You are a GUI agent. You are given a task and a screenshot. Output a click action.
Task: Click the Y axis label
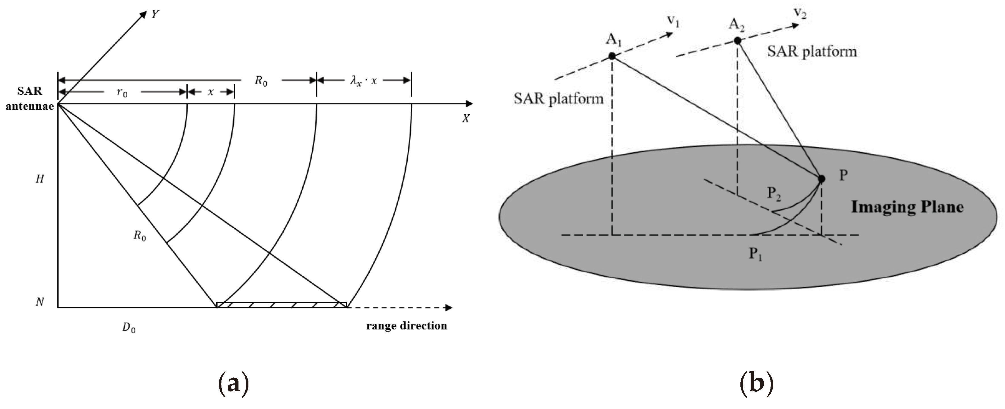(x=155, y=15)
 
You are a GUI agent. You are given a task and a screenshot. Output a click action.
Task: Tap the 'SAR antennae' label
(x=30, y=98)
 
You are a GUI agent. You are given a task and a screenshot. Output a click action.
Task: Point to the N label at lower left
(x=39, y=302)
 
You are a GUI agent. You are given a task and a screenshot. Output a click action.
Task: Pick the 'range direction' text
(x=407, y=326)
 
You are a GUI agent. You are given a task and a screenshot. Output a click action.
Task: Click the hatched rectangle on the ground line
(x=281, y=305)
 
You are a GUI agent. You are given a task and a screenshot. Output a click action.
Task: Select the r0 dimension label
(x=122, y=93)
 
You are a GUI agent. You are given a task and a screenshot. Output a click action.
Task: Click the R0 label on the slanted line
(x=140, y=236)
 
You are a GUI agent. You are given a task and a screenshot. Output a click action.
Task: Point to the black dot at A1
(x=612, y=56)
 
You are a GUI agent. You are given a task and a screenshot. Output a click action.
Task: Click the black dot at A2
(x=737, y=41)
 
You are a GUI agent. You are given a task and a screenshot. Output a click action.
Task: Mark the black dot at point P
(x=821, y=179)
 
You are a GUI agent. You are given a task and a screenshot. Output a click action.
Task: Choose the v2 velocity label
(x=799, y=13)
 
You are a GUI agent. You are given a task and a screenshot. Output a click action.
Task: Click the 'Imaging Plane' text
(x=907, y=206)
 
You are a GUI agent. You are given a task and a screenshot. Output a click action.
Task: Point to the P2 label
(x=774, y=193)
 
